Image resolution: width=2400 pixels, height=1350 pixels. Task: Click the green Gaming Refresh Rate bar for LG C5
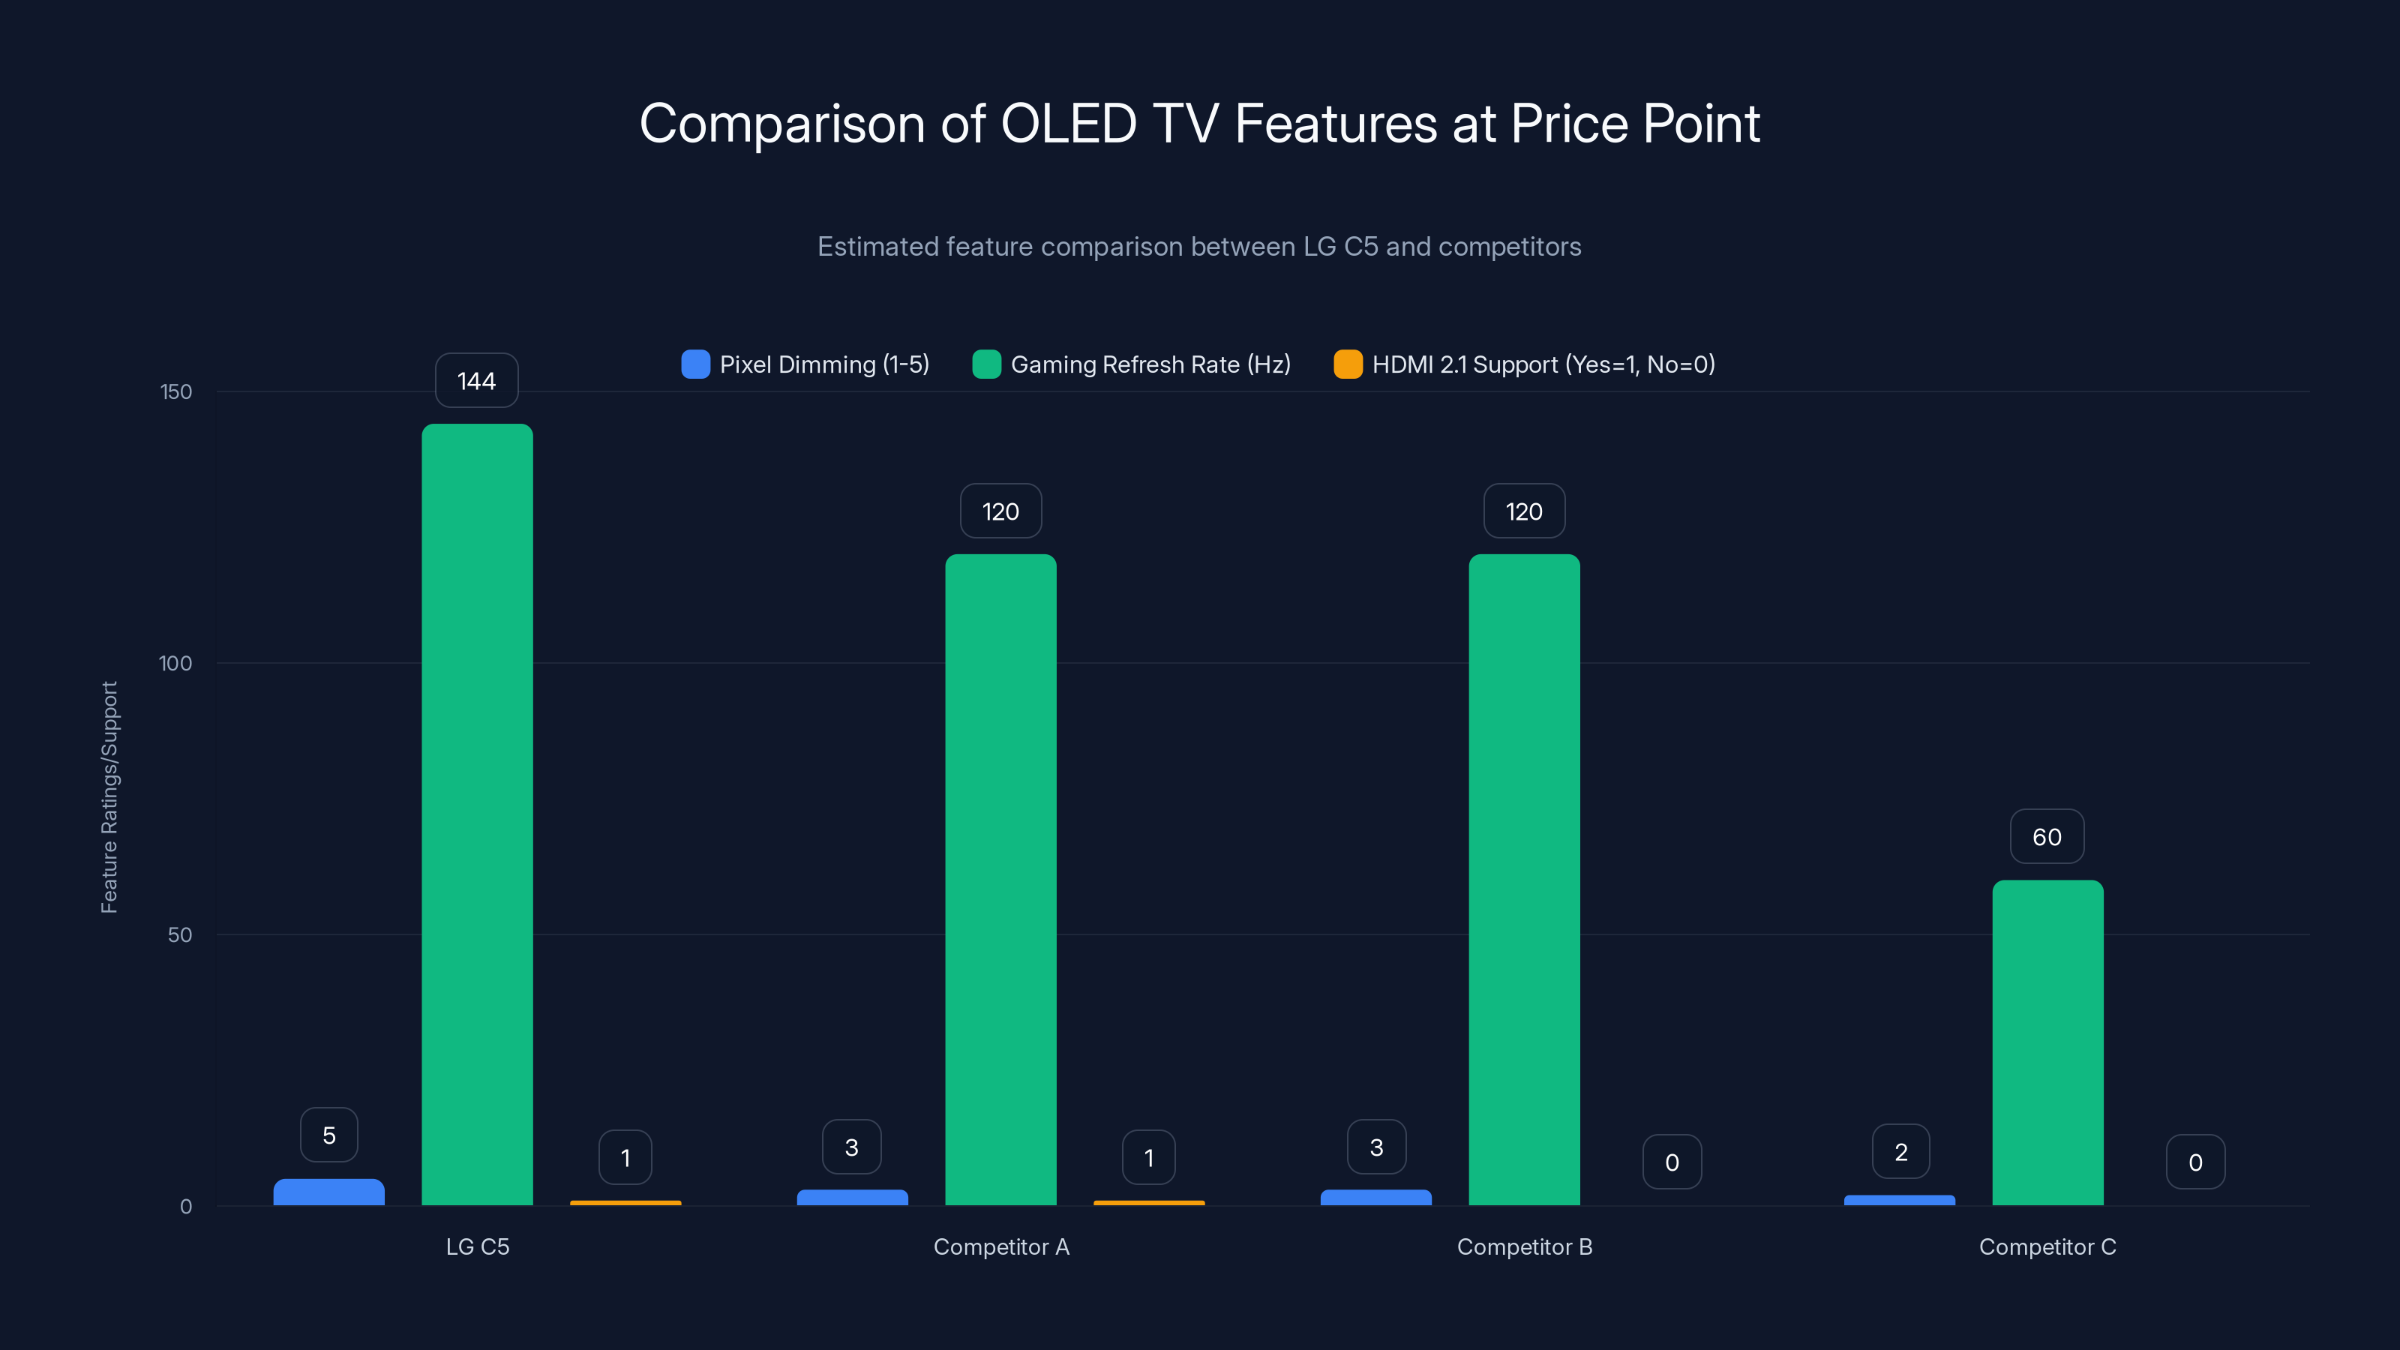(x=477, y=815)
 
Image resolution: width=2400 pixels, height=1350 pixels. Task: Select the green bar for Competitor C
(x=2047, y=1042)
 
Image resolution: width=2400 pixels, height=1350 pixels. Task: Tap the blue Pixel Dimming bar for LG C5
(x=329, y=1192)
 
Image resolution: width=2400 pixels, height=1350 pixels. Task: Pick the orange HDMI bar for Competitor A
(x=1149, y=1203)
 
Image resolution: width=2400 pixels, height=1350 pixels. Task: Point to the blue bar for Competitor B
(x=1376, y=1197)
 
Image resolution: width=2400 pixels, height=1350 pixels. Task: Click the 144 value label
(x=476, y=381)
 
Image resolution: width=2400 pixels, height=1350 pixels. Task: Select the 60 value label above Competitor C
(x=2047, y=837)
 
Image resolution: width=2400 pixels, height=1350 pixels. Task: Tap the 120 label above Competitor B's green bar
(x=1524, y=511)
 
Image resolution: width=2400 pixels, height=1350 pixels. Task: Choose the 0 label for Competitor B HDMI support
(x=1672, y=1162)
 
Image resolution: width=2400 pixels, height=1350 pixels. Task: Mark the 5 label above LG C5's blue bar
(x=329, y=1135)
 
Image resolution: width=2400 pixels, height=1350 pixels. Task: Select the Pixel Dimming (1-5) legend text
(x=824, y=364)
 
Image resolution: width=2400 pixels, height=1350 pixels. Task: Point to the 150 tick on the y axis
(x=176, y=391)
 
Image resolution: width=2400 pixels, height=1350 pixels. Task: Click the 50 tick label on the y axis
(x=180, y=934)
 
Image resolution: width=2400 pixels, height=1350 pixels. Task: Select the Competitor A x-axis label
(x=1001, y=1246)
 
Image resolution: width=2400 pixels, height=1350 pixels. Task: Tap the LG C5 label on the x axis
(x=477, y=1246)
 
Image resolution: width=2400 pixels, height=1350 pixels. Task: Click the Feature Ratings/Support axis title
(x=109, y=796)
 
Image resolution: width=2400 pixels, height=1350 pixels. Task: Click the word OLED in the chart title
(x=1069, y=124)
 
